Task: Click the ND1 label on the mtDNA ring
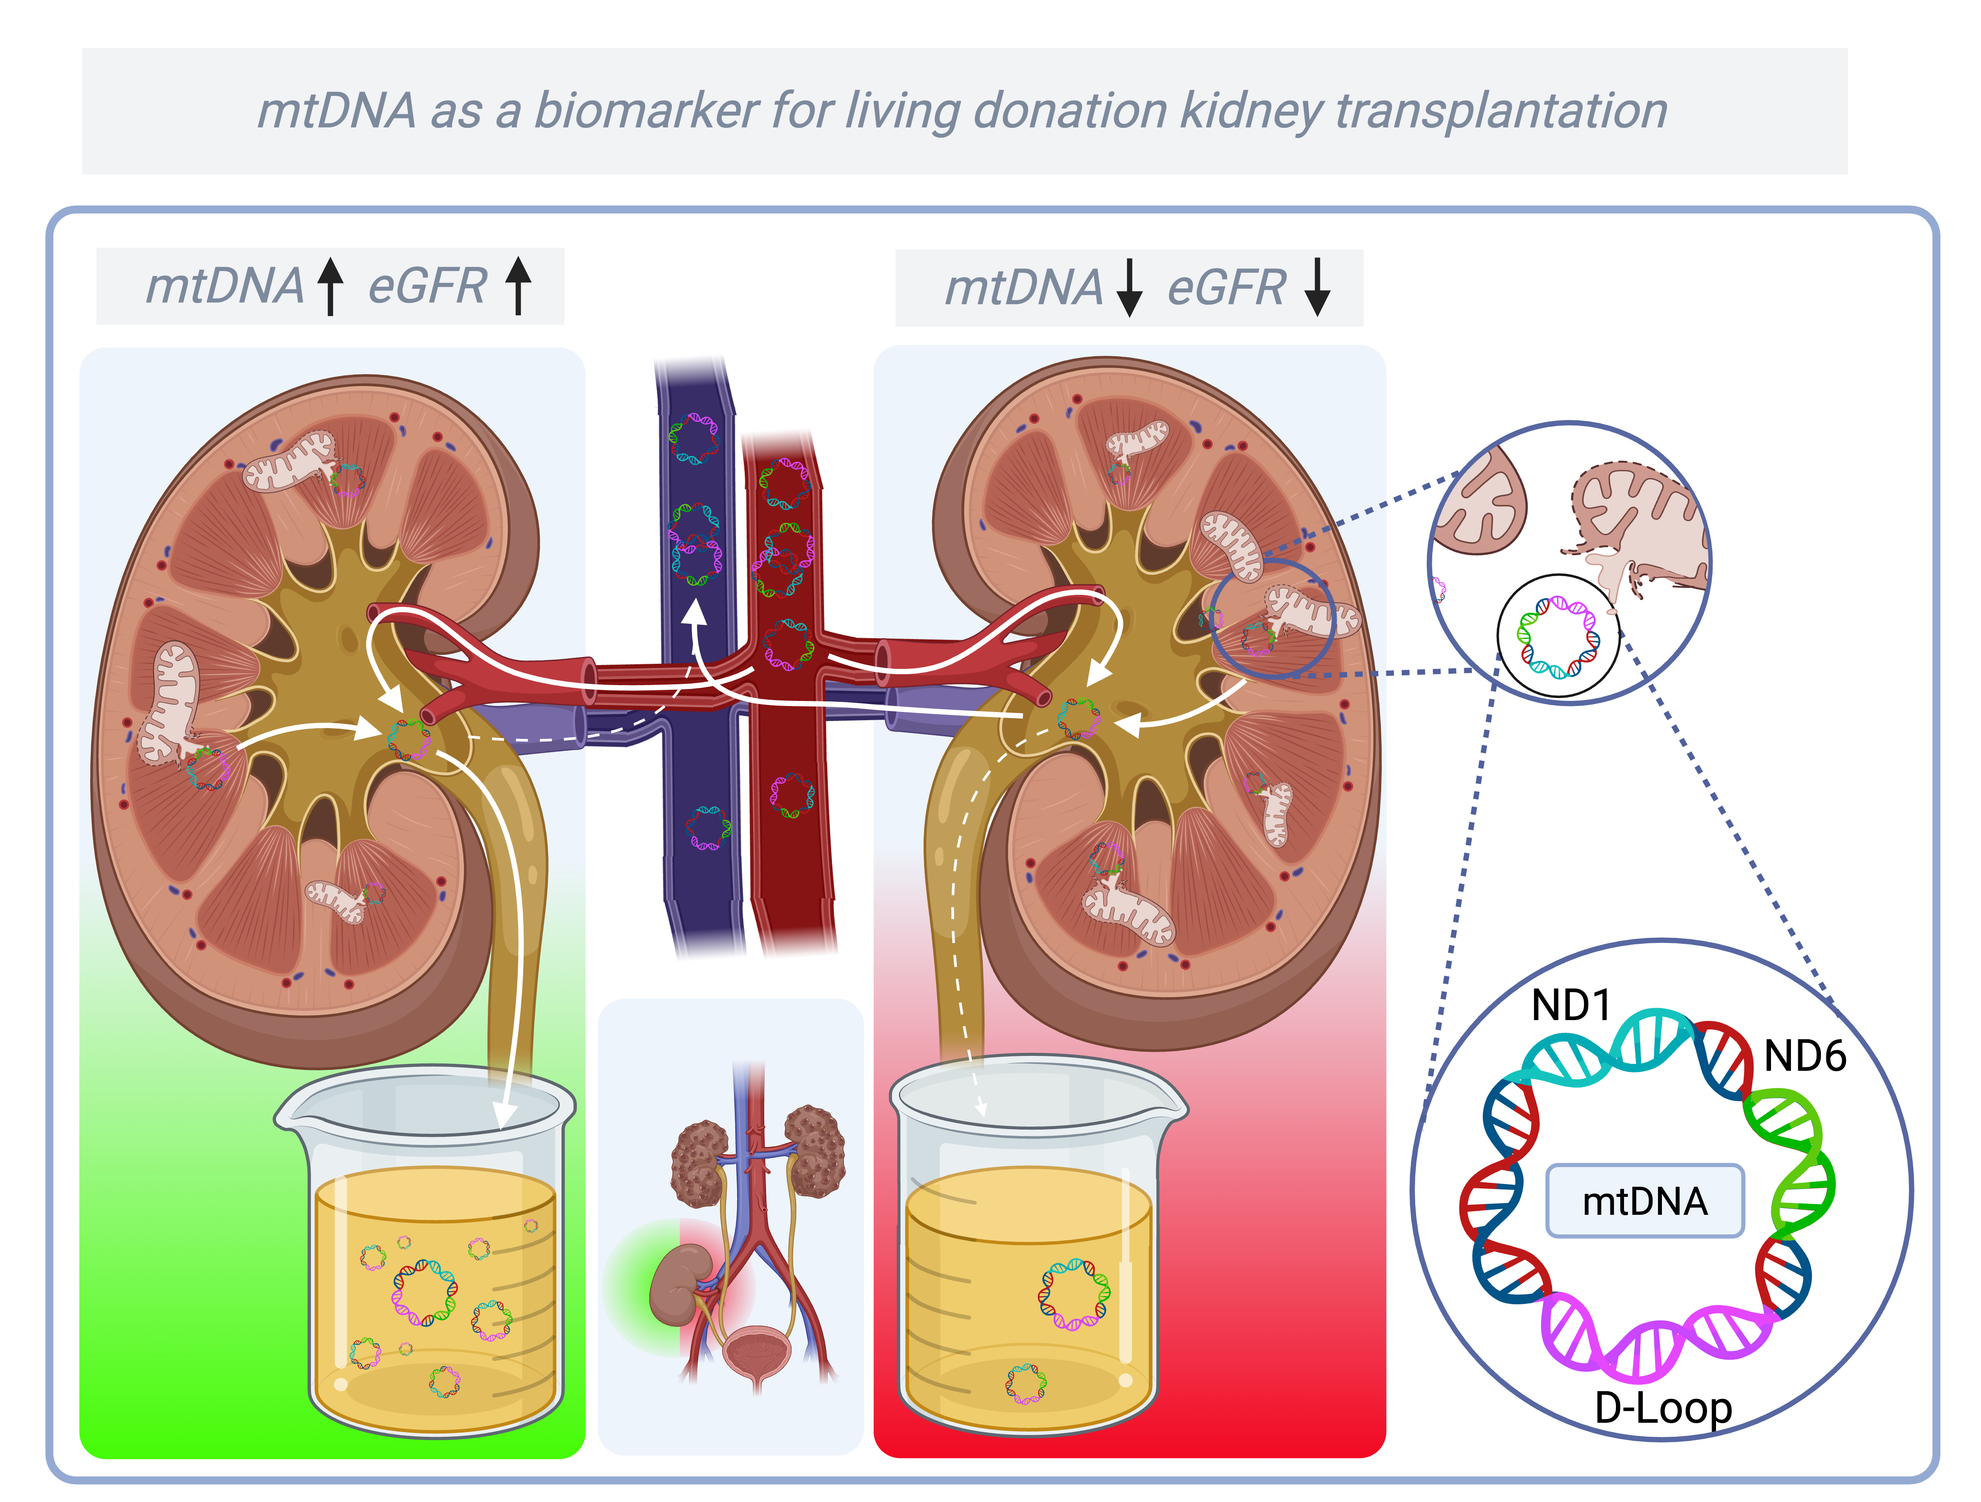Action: (1571, 1005)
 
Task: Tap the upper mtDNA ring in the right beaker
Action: (1074, 1292)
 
